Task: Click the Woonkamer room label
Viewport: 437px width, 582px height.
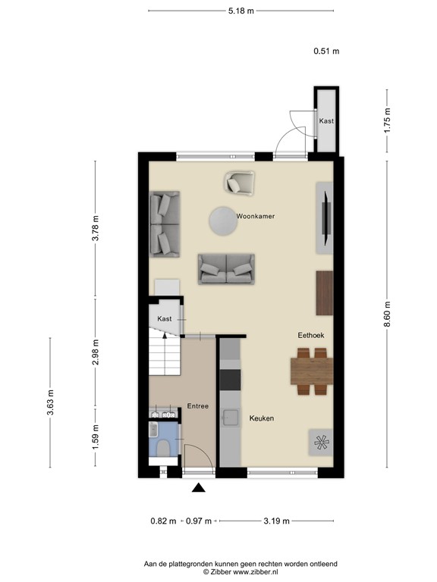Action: coord(255,216)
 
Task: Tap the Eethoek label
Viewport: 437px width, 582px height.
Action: coord(312,334)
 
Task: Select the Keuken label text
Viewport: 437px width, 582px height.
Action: coord(262,418)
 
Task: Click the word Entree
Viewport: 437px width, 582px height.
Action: coord(197,406)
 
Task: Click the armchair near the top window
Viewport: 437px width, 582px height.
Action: coord(239,183)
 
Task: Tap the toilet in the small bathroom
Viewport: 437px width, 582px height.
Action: coord(160,447)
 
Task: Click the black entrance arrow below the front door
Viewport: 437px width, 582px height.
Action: coord(199,489)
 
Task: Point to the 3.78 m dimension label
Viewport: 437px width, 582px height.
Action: coord(95,228)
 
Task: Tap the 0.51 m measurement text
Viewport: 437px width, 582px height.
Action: coord(326,52)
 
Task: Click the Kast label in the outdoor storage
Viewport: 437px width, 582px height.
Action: coord(326,121)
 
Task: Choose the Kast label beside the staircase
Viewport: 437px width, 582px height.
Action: coord(165,320)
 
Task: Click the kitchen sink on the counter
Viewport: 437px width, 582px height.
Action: coord(228,416)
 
